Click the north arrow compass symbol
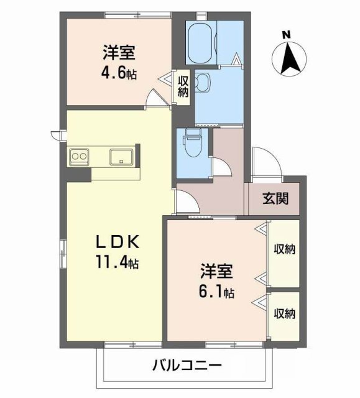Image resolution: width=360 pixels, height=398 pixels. point(288,58)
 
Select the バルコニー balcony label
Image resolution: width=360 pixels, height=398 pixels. point(186,366)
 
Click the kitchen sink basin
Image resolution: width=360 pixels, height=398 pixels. point(121,156)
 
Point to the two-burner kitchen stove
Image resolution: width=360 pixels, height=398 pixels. point(79,156)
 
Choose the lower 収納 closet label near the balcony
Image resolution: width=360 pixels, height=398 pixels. point(284,312)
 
